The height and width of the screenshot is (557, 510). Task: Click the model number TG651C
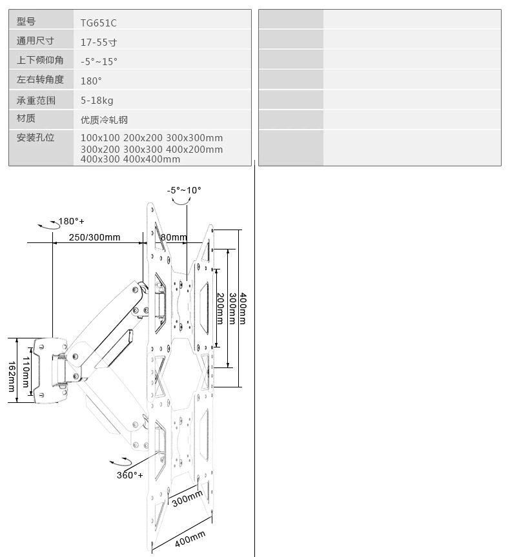[x=98, y=23]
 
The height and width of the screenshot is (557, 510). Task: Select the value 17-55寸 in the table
[x=99, y=43]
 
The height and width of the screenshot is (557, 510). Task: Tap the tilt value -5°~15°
[x=99, y=62]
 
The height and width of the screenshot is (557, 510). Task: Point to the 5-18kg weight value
[x=97, y=101]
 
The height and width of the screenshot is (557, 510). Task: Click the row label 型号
[x=26, y=22]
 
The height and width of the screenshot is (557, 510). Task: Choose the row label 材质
[x=26, y=119]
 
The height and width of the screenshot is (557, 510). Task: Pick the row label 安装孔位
[x=36, y=137]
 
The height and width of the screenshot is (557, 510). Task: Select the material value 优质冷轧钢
[x=104, y=120]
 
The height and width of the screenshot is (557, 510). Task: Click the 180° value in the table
[x=91, y=81]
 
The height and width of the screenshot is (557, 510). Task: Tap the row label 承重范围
[x=36, y=101]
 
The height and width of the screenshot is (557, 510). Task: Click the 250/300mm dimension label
[x=94, y=237]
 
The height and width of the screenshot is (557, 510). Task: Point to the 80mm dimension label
[x=174, y=237]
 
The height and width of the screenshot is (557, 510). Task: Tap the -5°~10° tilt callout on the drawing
[x=184, y=190]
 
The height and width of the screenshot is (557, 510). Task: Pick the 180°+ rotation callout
[x=71, y=221]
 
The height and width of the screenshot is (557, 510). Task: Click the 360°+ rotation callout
[x=130, y=475]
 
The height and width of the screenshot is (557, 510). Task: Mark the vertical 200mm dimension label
[x=219, y=308]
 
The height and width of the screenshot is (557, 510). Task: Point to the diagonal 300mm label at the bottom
[x=187, y=498]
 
